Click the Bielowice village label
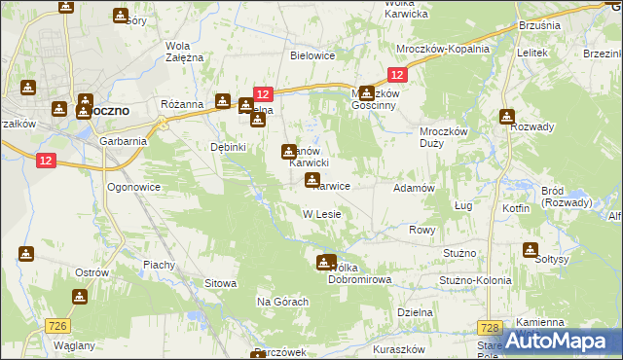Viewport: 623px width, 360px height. point(312,55)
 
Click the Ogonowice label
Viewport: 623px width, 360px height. point(133,186)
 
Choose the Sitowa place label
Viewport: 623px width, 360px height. point(220,283)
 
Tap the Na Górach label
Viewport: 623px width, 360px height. point(282,303)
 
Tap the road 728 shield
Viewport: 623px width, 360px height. point(490,329)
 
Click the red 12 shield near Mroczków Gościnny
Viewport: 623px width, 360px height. point(396,75)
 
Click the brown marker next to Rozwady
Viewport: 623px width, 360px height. point(506,117)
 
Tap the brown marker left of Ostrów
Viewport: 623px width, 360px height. point(26,254)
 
